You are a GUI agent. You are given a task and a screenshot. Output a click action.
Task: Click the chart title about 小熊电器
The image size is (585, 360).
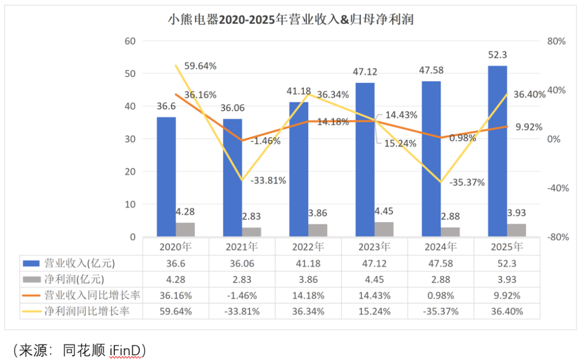[x=291, y=21]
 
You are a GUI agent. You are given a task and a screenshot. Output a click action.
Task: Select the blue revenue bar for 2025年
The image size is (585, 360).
[x=498, y=151]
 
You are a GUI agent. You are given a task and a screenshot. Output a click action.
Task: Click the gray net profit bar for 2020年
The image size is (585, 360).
[x=185, y=230]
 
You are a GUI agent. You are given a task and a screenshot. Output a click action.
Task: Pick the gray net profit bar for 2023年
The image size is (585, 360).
[x=384, y=230]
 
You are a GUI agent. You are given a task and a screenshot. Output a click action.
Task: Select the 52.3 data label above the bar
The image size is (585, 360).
[x=498, y=55]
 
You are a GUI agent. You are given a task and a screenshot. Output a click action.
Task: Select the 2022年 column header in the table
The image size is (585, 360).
[x=308, y=247]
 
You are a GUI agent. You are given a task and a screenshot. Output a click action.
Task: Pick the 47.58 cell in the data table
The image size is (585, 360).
[x=440, y=264]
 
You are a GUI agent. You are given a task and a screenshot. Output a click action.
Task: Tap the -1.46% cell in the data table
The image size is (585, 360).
[x=242, y=296]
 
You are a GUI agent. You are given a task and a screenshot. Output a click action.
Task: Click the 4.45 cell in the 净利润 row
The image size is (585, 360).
[x=374, y=279]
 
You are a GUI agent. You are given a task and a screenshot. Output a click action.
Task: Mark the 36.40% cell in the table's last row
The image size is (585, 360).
[x=506, y=311]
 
